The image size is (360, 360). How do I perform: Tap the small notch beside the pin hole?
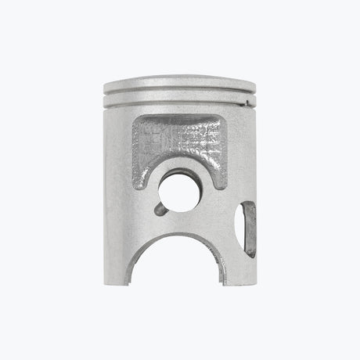[x=159, y=209]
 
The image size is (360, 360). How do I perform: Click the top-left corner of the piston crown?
[x=105, y=83]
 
